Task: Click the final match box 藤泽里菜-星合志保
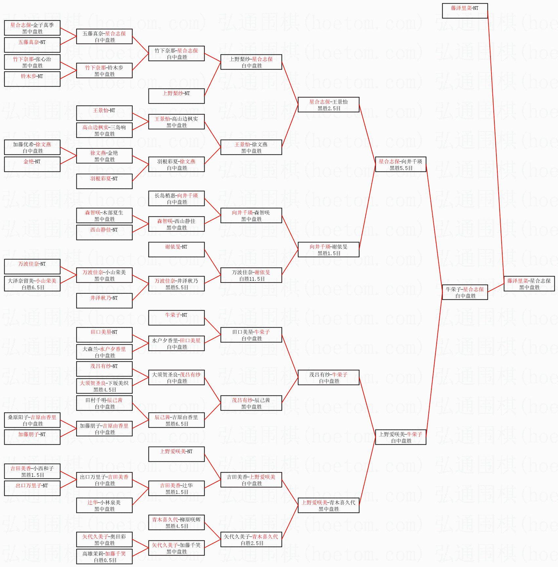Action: [x=529, y=284]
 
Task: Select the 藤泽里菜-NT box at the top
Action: [x=465, y=11]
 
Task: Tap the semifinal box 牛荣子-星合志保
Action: [x=465, y=292]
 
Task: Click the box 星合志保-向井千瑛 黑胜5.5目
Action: [x=401, y=164]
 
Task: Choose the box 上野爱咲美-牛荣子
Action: [x=401, y=437]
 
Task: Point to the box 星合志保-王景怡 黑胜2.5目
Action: [x=329, y=105]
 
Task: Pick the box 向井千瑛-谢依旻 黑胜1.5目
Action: [x=329, y=250]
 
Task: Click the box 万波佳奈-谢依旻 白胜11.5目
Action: [x=251, y=275]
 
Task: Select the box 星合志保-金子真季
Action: [x=32, y=28]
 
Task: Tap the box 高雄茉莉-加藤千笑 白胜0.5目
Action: [x=104, y=557]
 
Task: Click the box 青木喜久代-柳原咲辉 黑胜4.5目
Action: [x=176, y=522]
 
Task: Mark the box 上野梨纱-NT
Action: [x=176, y=96]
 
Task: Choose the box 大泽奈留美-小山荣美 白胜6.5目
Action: [x=32, y=284]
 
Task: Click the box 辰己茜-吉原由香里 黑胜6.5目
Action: [x=176, y=420]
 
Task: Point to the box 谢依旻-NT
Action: [x=176, y=250]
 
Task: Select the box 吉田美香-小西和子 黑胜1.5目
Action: [x=32, y=471]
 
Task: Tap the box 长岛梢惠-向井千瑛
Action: [x=176, y=198]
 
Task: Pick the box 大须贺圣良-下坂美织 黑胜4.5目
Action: [x=104, y=386]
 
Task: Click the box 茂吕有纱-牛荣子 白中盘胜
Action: [x=329, y=377]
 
